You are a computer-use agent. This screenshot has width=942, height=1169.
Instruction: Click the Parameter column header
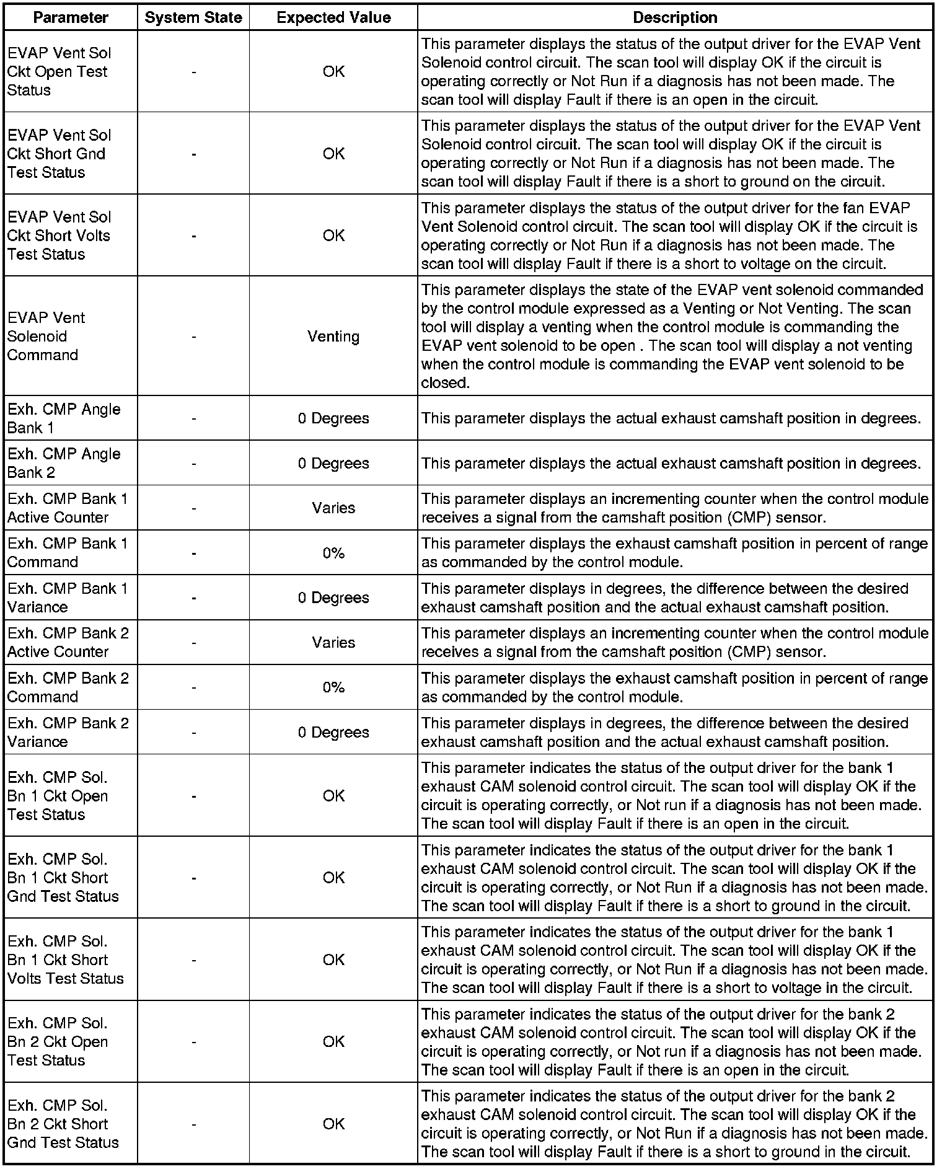pos(71,17)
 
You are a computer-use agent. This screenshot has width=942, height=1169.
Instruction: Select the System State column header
pos(193,17)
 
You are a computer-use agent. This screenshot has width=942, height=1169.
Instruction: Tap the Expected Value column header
pos(333,17)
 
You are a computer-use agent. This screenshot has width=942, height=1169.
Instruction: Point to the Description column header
pos(675,17)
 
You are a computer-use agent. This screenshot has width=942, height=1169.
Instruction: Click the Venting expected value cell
pos(333,337)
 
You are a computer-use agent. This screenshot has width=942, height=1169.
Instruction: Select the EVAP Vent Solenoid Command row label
pos(43,337)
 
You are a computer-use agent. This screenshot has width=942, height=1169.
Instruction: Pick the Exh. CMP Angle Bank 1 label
pos(64,418)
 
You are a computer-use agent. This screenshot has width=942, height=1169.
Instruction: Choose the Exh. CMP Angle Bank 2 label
pos(64,463)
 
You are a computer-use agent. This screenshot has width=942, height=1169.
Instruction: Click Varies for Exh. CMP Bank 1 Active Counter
pos(333,508)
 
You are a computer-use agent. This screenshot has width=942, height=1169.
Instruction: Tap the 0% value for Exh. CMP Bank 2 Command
pos(333,687)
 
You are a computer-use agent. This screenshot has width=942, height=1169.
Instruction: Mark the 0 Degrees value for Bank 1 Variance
pos(333,598)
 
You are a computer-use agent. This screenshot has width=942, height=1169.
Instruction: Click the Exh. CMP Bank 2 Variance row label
pos(68,732)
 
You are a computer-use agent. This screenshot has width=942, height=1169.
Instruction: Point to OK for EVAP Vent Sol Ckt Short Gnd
pos(333,154)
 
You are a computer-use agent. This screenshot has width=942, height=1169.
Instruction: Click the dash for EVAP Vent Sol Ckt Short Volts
pos(194,236)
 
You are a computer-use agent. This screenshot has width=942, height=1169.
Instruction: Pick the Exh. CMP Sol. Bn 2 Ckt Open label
pos(58,1042)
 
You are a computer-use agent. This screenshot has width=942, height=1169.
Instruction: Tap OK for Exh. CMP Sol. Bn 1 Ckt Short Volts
pos(333,960)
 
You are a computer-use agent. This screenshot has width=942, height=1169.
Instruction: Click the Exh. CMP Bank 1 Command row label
pos(68,553)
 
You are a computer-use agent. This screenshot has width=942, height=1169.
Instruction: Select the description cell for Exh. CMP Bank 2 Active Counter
pos(675,643)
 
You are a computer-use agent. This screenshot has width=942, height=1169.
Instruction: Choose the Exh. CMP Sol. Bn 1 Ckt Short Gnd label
pos(63,878)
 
